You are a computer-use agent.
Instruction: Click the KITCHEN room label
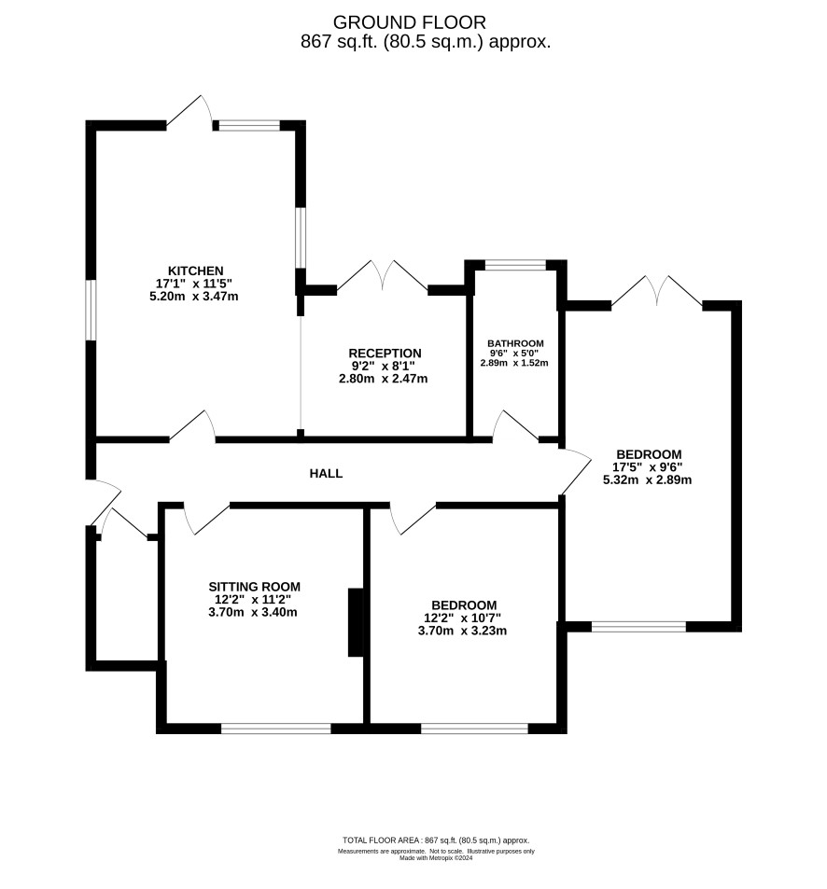[195, 271]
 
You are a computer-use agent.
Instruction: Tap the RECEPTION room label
[385, 354]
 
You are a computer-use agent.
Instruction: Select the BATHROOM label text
[515, 343]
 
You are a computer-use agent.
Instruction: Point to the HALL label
[326, 473]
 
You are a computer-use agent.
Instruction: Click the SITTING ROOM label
[254, 587]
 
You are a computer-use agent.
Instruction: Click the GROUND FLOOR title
[409, 22]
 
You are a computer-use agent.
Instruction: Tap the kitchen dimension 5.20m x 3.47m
[193, 296]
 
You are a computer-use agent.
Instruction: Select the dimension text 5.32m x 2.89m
[647, 479]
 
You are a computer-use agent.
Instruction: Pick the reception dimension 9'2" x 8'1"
[383, 366]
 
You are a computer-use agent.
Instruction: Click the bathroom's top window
[515, 265]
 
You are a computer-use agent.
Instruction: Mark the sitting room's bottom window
[275, 729]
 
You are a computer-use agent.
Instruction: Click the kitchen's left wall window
[91, 310]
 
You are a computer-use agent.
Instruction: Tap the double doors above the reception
[383, 277]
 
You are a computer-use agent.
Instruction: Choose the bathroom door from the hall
[515, 425]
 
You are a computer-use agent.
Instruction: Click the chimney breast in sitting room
[356, 622]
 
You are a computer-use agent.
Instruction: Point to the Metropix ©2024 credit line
[436, 858]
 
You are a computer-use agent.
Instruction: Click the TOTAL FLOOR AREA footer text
[436, 840]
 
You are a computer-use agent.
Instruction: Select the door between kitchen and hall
[193, 425]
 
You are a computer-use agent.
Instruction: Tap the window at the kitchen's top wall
[249, 125]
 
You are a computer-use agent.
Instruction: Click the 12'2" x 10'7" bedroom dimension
[462, 618]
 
